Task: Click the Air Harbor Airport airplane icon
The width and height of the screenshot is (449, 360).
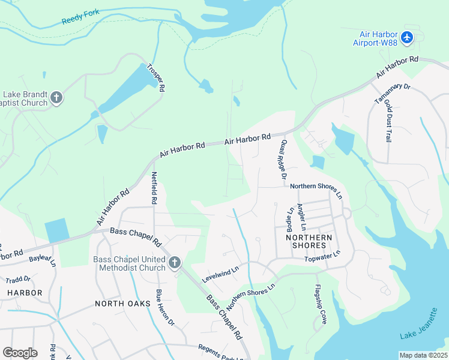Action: pyautogui.click(x=408, y=38)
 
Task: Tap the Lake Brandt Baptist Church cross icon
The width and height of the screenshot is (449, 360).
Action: pyautogui.click(x=56, y=98)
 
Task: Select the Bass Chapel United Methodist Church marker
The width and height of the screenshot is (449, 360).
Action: pyautogui.click(x=175, y=262)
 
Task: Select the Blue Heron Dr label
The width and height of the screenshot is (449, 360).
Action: pyautogui.click(x=164, y=308)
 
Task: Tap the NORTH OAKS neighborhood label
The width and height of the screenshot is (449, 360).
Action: pyautogui.click(x=120, y=304)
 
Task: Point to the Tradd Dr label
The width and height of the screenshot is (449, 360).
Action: pyautogui.click(x=17, y=280)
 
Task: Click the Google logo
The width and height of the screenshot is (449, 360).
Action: pyautogui.click(x=20, y=352)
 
